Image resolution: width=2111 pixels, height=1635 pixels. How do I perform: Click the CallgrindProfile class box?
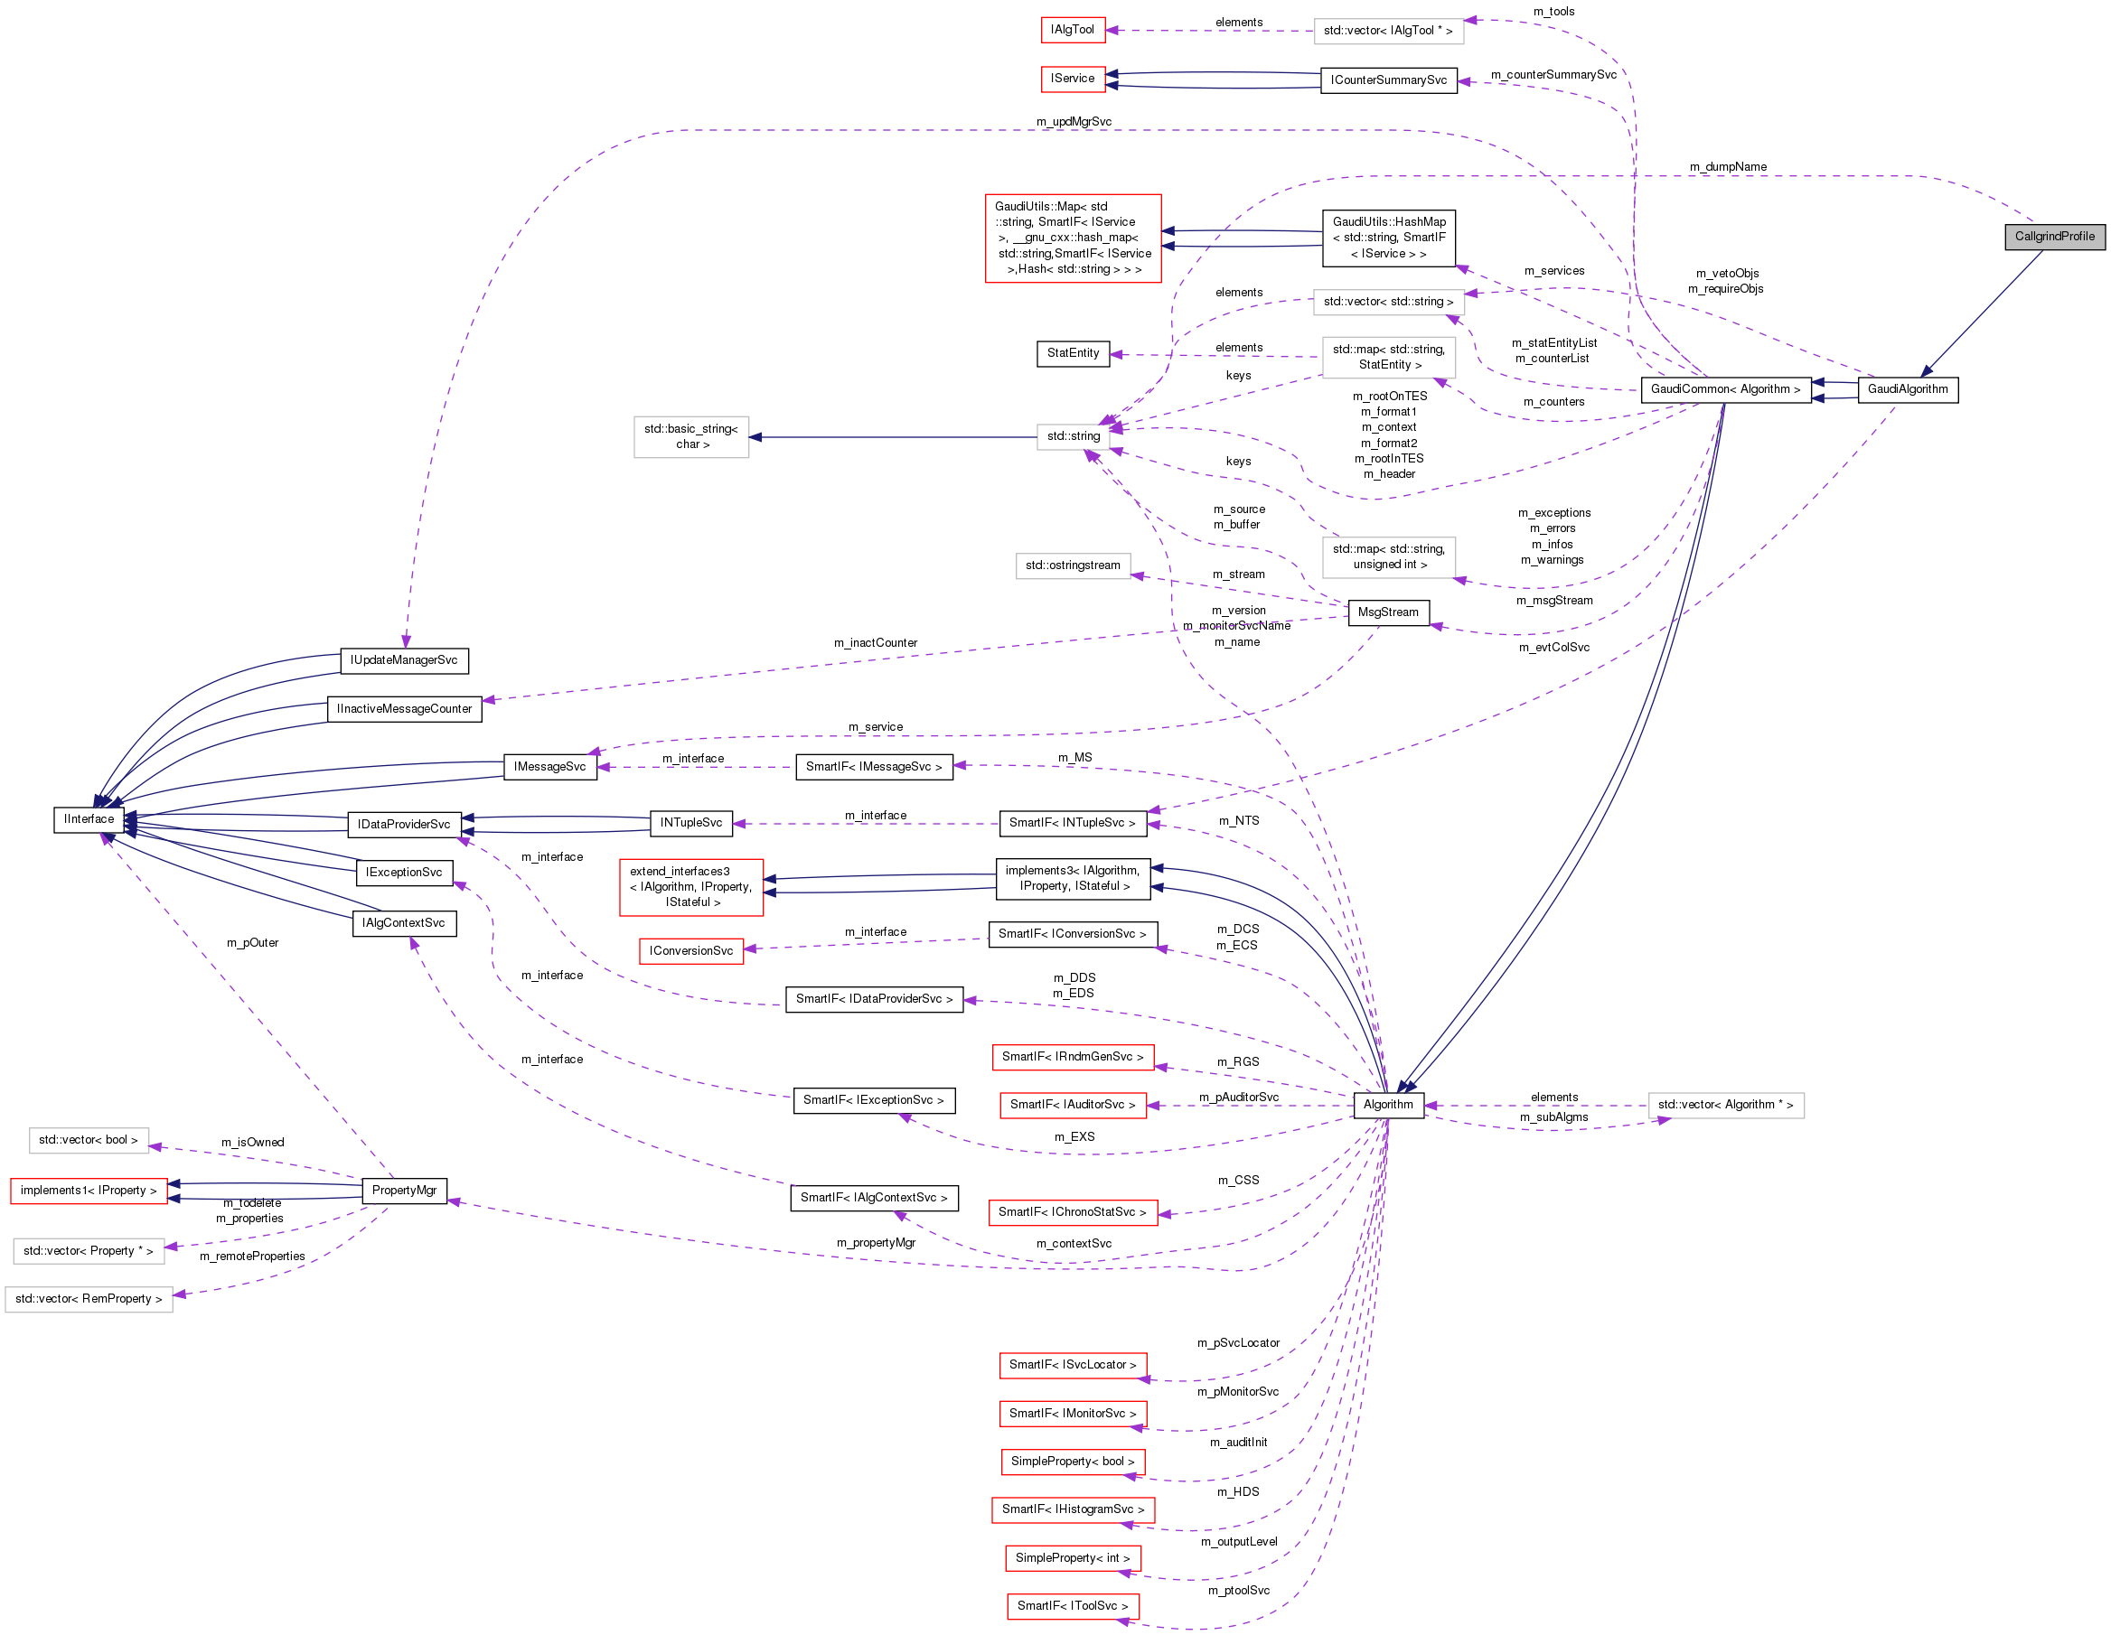tap(2054, 237)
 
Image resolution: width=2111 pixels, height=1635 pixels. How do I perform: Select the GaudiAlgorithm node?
tap(1907, 389)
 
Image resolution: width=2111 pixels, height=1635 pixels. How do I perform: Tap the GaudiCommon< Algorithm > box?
tap(1725, 389)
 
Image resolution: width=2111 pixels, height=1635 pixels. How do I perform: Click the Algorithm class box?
tap(1388, 1105)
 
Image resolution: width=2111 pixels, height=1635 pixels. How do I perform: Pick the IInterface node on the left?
tap(89, 819)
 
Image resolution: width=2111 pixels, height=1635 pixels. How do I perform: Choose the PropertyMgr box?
tap(404, 1191)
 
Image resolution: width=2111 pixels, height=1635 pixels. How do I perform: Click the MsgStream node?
tap(1388, 612)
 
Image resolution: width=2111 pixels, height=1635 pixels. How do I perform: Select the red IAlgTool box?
tap(1072, 30)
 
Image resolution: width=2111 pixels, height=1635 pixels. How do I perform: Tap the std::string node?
tap(1073, 437)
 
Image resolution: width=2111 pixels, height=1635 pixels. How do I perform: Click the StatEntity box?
tap(1073, 354)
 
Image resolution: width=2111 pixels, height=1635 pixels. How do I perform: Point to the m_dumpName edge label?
tap(1727, 167)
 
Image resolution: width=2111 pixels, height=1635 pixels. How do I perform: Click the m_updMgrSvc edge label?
tap(1073, 122)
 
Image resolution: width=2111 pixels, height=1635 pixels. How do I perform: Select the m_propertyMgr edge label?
tap(876, 1243)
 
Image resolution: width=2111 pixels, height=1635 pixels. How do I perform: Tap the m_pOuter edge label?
tap(252, 943)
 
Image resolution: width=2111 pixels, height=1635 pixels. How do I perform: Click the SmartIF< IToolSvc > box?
tap(1072, 1606)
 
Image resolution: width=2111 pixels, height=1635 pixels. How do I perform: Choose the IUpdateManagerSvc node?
tap(404, 661)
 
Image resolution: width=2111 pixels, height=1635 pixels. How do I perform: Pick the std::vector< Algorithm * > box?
tap(1725, 1105)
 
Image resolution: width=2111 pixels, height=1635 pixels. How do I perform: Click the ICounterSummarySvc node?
tap(1388, 80)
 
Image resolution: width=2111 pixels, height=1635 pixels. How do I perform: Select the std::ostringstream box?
tap(1073, 566)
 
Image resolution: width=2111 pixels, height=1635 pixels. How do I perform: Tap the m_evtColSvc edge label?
tap(1553, 648)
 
